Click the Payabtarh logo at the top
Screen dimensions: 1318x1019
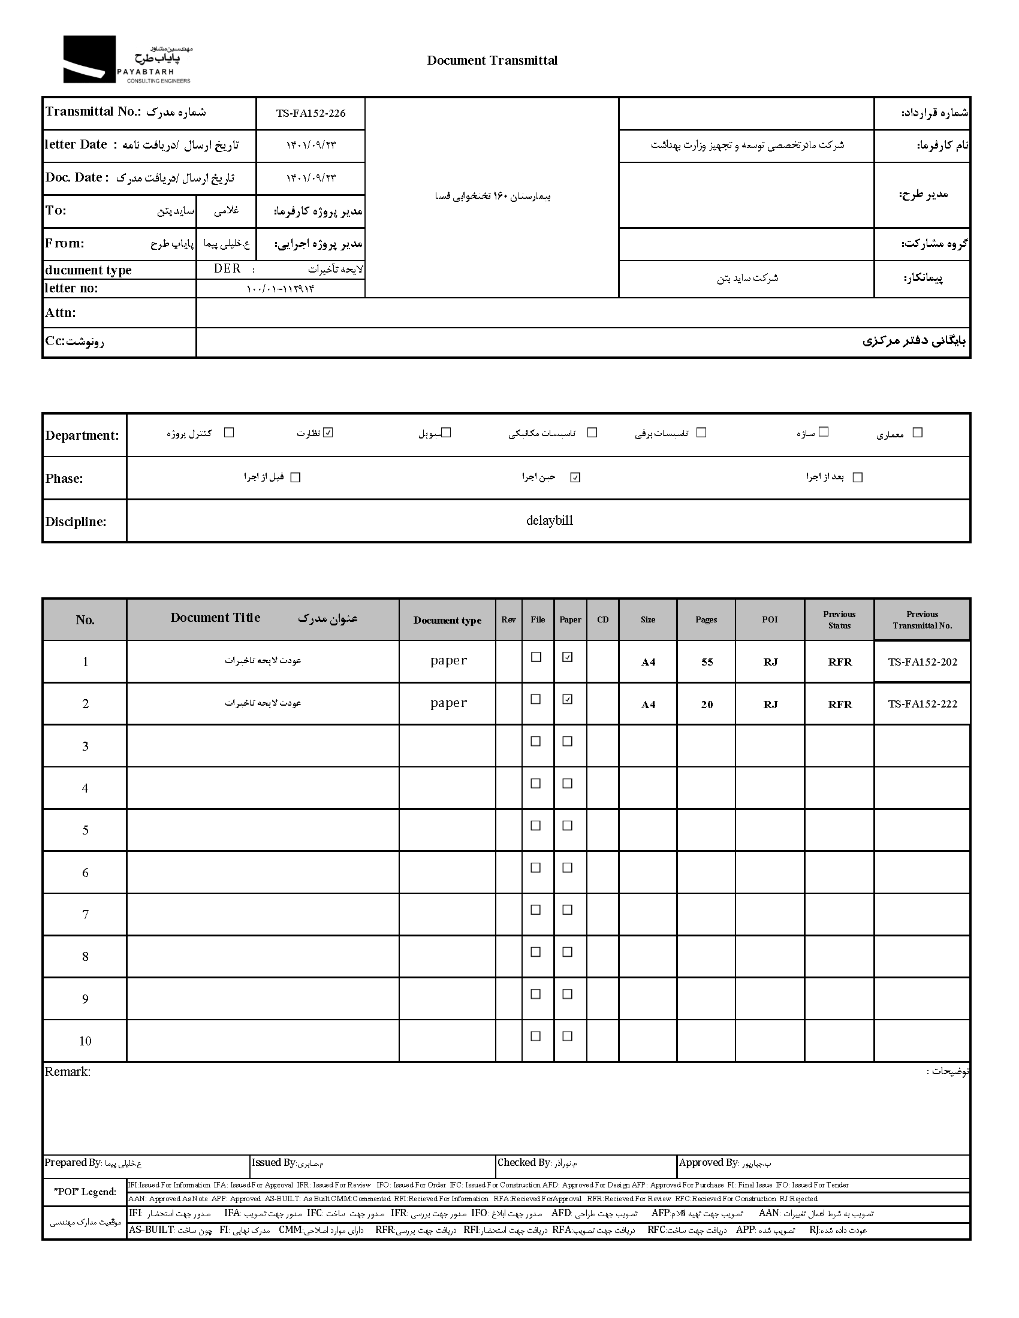click(x=126, y=59)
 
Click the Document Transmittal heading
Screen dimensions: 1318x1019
click(x=492, y=61)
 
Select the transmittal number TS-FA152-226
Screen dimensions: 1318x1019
click(x=311, y=113)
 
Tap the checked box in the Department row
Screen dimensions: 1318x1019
click(x=328, y=432)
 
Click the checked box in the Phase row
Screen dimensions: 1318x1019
click(x=575, y=477)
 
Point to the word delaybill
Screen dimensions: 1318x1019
click(x=549, y=521)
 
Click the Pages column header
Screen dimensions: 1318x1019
click(x=706, y=619)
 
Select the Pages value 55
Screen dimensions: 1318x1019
click(x=707, y=662)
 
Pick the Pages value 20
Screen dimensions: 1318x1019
click(x=707, y=705)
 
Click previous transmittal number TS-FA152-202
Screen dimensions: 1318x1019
click(x=922, y=662)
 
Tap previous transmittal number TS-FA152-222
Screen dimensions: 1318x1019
click(x=922, y=705)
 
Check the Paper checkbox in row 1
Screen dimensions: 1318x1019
click(x=568, y=657)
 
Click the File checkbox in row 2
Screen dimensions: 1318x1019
click(x=535, y=699)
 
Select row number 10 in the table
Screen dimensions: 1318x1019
click(x=85, y=1041)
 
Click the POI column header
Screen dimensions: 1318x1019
click(x=770, y=619)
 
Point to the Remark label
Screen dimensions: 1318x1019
click(x=68, y=1072)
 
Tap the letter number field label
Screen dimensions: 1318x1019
click(x=71, y=289)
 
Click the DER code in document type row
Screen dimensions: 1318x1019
click(x=227, y=269)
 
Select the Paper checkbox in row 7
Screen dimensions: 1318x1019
click(x=568, y=910)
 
